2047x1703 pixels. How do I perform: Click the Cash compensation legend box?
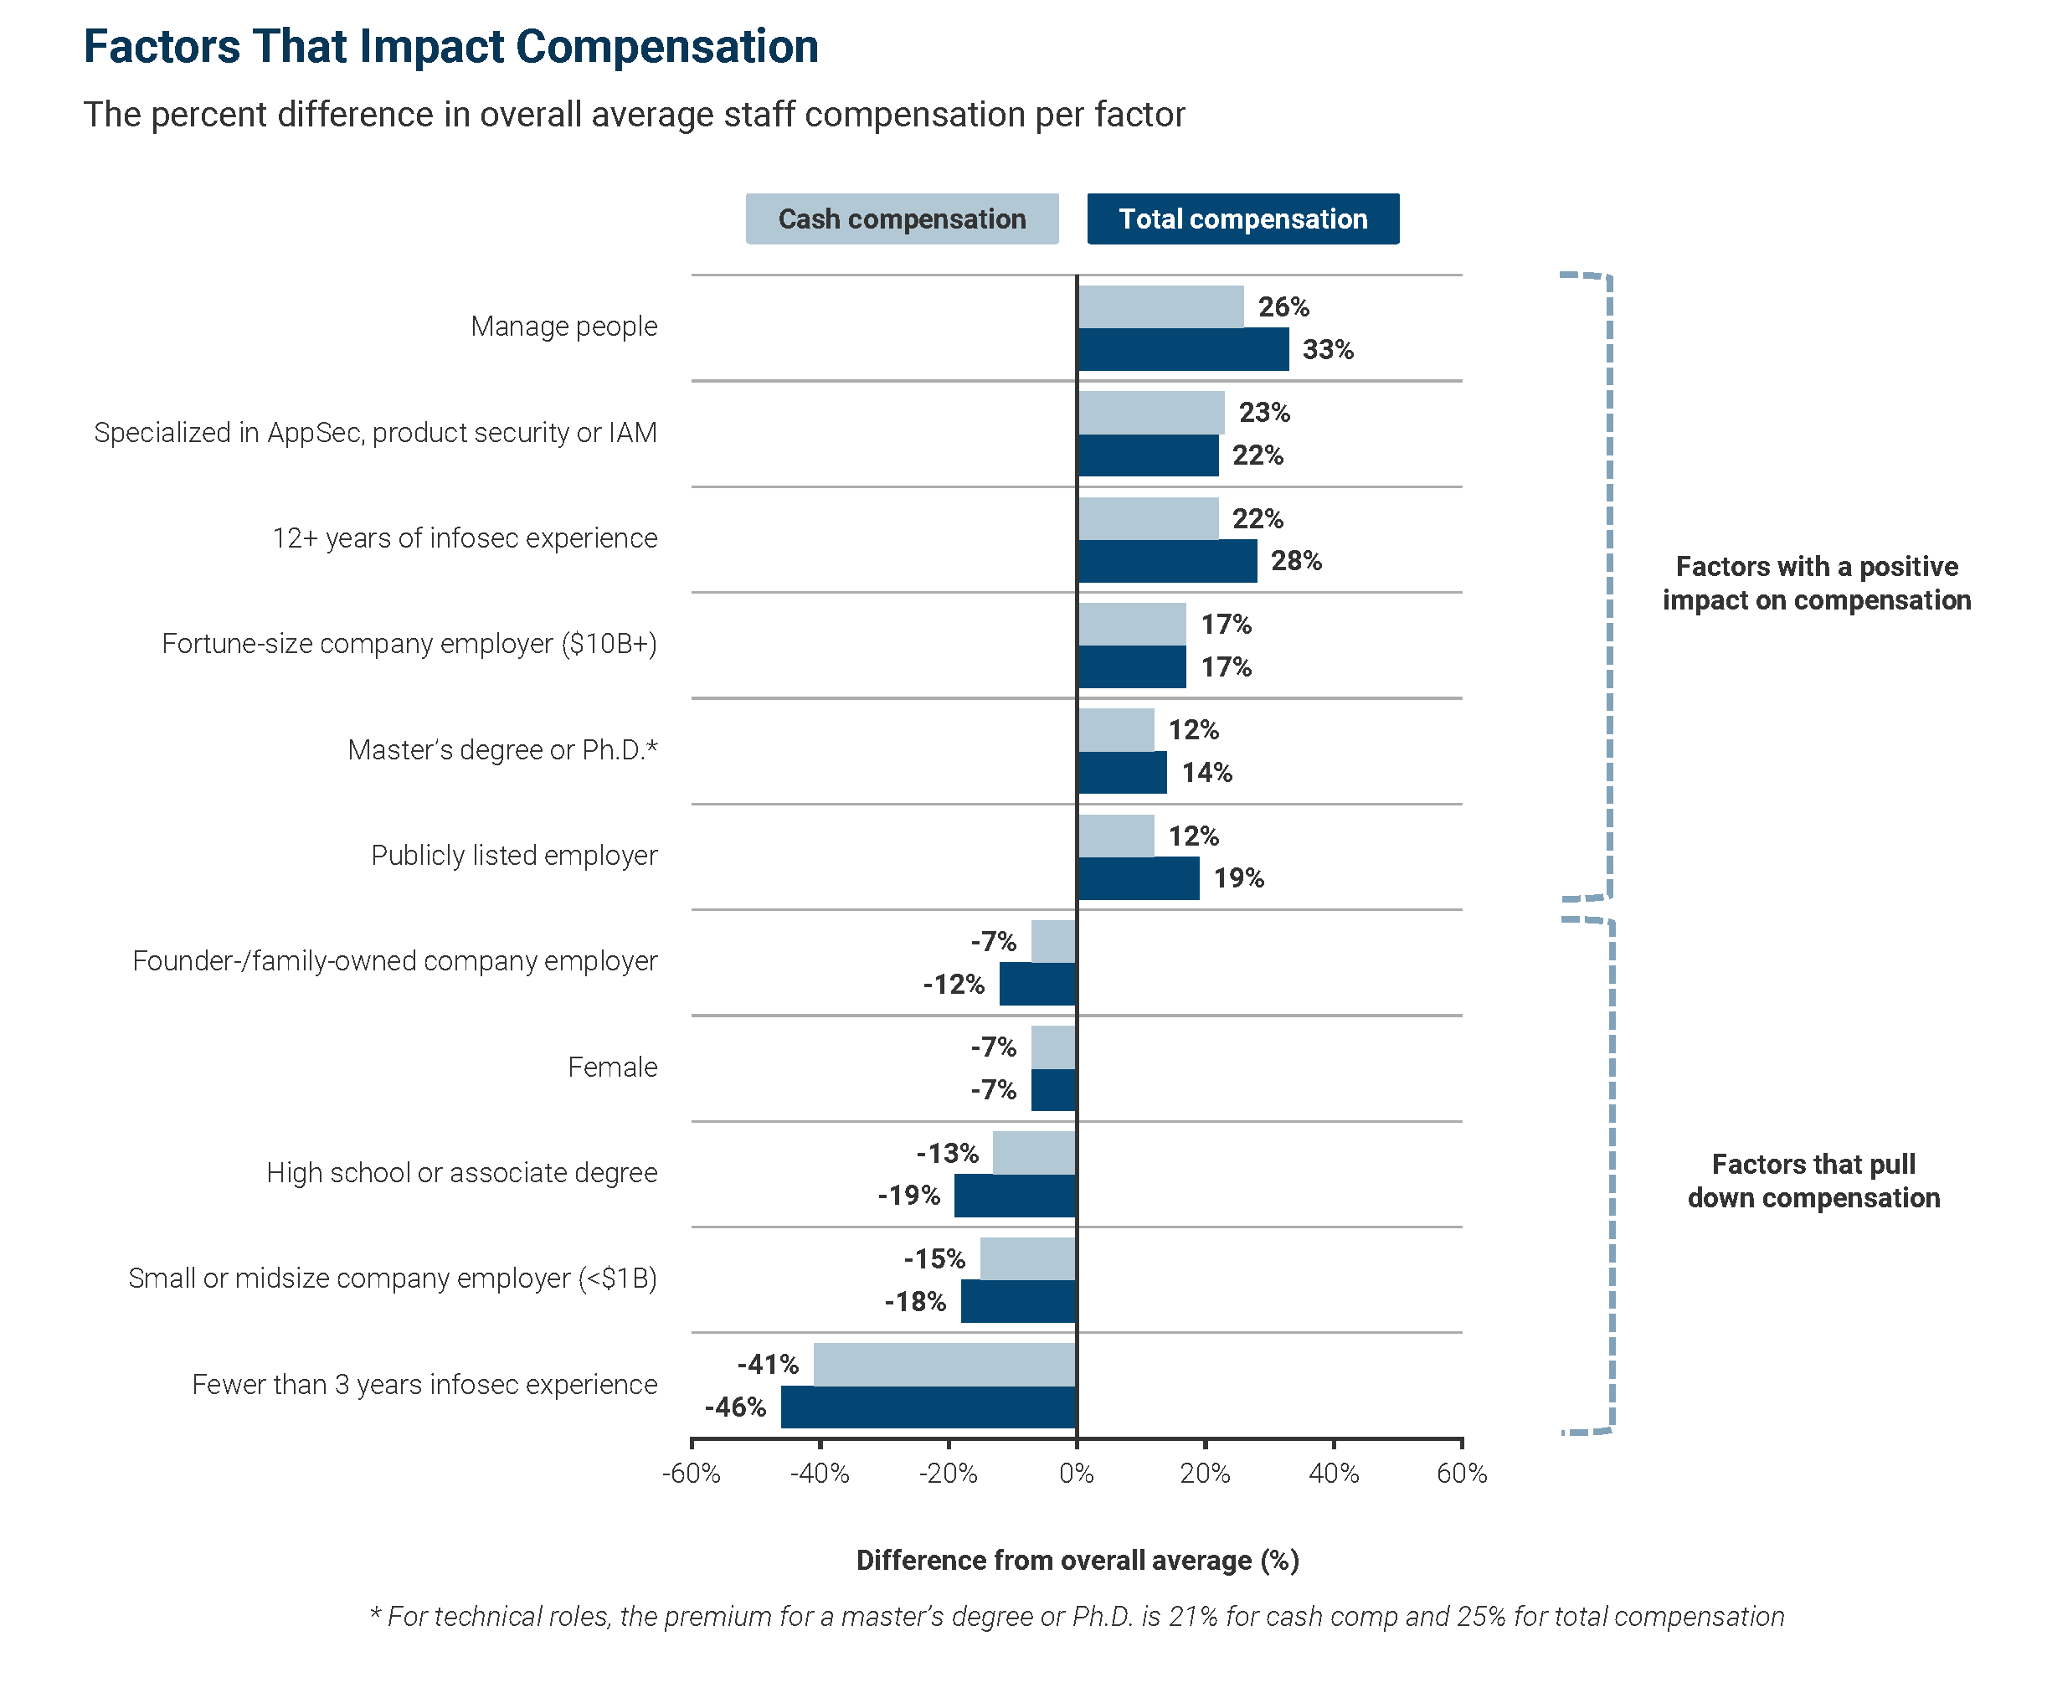tap(902, 219)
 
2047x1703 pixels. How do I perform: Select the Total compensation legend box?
tap(1242, 219)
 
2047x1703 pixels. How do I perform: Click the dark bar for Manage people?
tap(1182, 349)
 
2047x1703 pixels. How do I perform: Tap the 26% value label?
tap(1283, 307)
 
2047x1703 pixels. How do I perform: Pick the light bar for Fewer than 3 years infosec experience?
tap(944, 1364)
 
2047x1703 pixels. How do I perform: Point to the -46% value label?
tap(735, 1407)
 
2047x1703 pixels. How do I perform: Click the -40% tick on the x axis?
tap(820, 1473)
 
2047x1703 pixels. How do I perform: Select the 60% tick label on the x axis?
tap(1461, 1473)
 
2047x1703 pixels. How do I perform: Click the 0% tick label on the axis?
tap(1076, 1473)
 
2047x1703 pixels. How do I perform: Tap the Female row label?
tap(612, 1067)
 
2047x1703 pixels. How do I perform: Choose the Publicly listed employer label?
tap(514, 855)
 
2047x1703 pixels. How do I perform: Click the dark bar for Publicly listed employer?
tap(1138, 878)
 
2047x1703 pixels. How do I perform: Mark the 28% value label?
tap(1295, 560)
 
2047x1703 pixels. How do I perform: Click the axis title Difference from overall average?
tap(1078, 1560)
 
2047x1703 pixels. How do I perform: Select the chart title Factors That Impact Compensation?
tap(450, 47)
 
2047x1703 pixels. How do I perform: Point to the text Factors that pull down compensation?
tap(1813, 1181)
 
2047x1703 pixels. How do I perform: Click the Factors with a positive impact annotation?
tap(1816, 583)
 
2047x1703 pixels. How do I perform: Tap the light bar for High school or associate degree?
tap(1034, 1152)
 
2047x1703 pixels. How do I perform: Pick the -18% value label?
tap(914, 1301)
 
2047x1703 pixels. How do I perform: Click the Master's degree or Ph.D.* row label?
tap(502, 749)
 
